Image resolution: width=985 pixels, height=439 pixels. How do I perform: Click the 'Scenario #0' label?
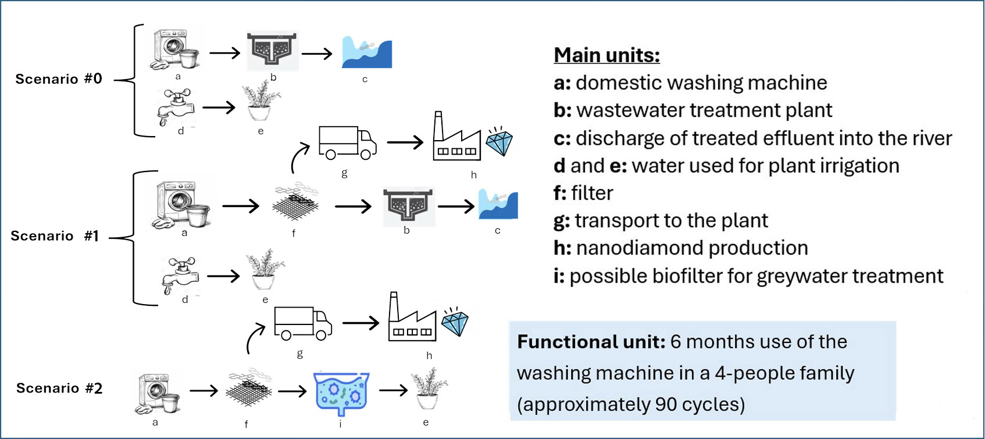point(59,79)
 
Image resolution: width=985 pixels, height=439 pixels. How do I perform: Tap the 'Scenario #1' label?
point(55,236)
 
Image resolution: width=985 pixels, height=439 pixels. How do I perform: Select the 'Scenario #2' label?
point(59,388)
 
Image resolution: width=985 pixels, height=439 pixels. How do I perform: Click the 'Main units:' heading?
point(606,55)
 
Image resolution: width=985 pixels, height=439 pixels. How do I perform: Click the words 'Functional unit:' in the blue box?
point(591,342)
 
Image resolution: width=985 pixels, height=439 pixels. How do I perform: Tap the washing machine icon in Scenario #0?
point(174,50)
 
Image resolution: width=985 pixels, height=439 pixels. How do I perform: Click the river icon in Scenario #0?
point(367,53)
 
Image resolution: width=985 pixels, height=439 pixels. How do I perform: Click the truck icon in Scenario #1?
point(347,142)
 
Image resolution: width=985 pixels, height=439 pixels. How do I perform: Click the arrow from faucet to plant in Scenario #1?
point(223,276)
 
